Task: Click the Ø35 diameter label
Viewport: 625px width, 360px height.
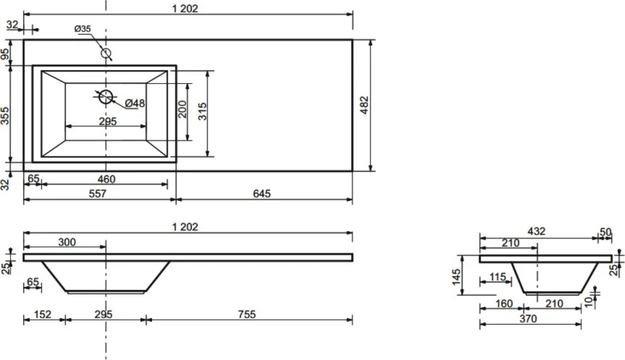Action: click(x=82, y=29)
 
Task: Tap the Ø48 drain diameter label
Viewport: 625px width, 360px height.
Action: click(x=135, y=103)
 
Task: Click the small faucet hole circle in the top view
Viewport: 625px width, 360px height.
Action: click(x=106, y=53)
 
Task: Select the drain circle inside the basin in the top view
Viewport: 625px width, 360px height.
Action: click(x=106, y=97)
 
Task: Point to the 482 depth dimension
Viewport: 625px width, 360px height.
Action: click(x=365, y=105)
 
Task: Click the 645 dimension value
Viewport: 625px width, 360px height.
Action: click(x=262, y=194)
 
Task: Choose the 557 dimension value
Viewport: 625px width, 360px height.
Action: click(x=98, y=194)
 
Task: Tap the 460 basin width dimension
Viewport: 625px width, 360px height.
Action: click(x=106, y=179)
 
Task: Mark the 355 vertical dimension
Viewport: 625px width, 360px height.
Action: click(x=5, y=115)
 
